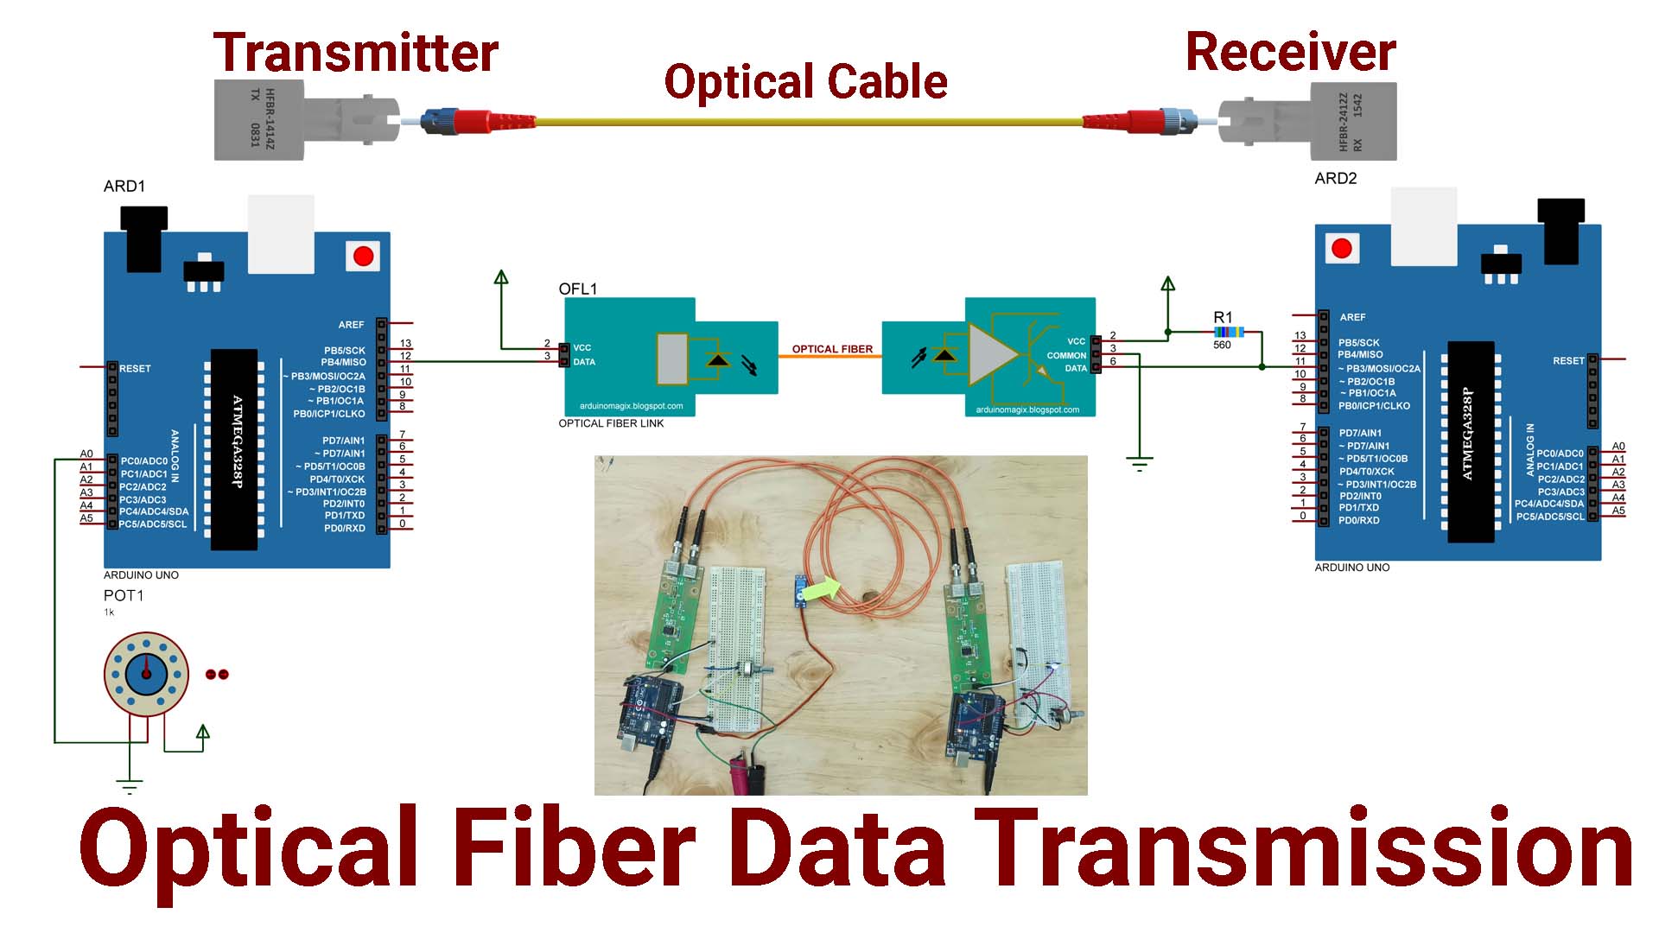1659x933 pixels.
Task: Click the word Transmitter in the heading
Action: pyautogui.click(x=355, y=53)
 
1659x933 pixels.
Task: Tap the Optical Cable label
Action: pyautogui.click(x=805, y=82)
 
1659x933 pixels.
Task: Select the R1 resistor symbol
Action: pyautogui.click(x=1229, y=332)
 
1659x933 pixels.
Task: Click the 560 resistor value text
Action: pyautogui.click(x=1222, y=346)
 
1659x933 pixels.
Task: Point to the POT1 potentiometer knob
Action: pyautogui.click(x=146, y=673)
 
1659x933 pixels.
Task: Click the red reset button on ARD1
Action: pyautogui.click(x=364, y=256)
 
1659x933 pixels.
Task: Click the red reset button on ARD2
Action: pyautogui.click(x=1342, y=249)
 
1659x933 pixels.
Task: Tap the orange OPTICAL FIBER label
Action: pyautogui.click(x=832, y=349)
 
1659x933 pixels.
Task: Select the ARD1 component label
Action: pyautogui.click(x=124, y=187)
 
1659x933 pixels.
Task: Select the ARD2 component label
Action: pyautogui.click(x=1335, y=179)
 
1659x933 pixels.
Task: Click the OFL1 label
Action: pyautogui.click(x=577, y=289)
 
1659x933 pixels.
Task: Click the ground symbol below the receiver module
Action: pyautogui.click(x=1140, y=464)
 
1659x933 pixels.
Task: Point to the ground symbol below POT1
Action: pyautogui.click(x=130, y=786)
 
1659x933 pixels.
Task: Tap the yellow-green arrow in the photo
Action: pyautogui.click(x=825, y=588)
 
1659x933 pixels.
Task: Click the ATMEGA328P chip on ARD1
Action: pyautogui.click(x=234, y=448)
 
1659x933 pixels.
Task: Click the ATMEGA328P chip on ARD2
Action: pyautogui.click(x=1470, y=441)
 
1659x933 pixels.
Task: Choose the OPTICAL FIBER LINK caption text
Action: pyautogui.click(x=611, y=423)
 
